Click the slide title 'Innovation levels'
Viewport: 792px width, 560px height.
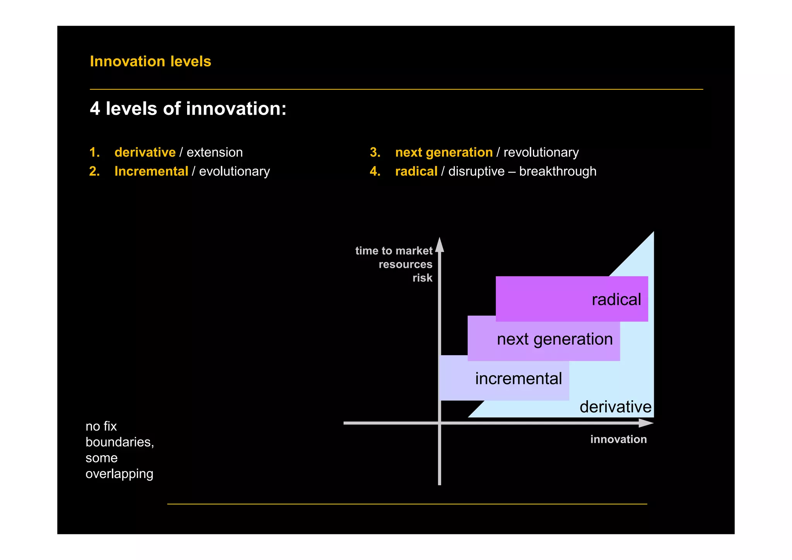click(150, 62)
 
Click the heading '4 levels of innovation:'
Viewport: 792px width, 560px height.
click(188, 109)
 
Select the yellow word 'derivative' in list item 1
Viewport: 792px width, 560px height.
click(145, 152)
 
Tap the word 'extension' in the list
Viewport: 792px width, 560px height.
click(215, 152)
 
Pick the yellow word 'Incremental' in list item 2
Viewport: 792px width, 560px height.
click(151, 171)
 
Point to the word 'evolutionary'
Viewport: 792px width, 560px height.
click(234, 171)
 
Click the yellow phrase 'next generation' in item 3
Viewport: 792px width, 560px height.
click(444, 152)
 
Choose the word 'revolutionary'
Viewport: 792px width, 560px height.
click(541, 152)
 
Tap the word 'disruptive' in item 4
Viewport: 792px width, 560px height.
click(476, 171)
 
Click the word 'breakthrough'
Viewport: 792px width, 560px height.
click(558, 171)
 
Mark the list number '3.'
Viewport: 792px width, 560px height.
click(375, 152)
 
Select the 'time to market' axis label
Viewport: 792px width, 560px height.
click(394, 251)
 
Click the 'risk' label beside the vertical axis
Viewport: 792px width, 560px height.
click(422, 278)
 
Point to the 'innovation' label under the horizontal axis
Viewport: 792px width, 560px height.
click(618, 439)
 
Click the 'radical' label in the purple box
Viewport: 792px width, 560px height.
click(616, 300)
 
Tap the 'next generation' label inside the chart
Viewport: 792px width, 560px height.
click(555, 339)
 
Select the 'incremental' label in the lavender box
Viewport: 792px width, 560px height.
click(518, 378)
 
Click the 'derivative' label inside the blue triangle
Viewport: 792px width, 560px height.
click(615, 407)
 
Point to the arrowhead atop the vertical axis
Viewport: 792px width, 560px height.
click(440, 245)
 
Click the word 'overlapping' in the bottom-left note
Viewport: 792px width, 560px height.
click(119, 474)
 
